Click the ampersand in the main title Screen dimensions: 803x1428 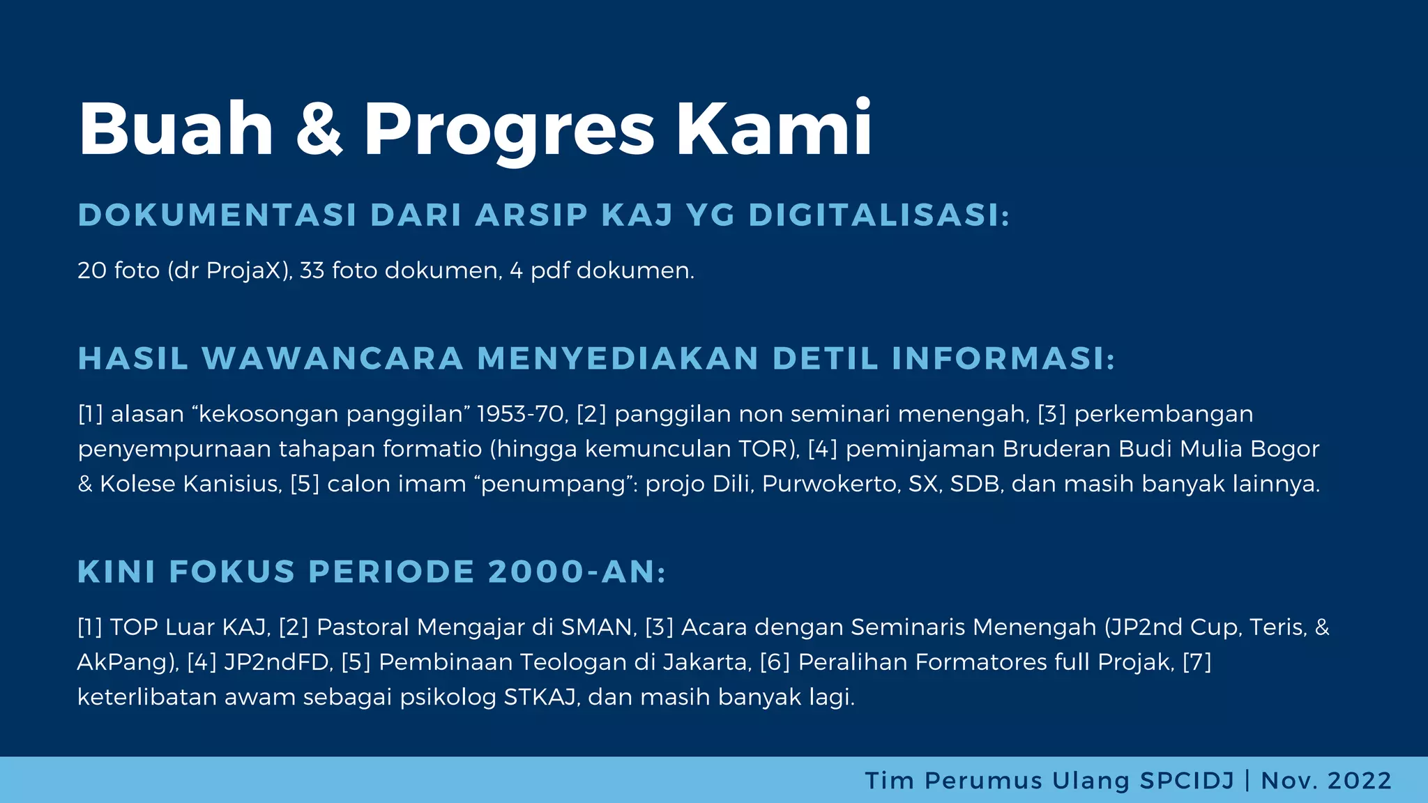click(x=319, y=129)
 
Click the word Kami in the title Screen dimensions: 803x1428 click(x=774, y=129)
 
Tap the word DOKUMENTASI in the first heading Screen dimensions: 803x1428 click(x=218, y=215)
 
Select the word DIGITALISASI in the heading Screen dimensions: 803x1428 click(x=879, y=215)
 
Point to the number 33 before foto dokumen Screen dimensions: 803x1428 click(x=312, y=270)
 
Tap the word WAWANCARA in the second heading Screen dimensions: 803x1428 click(x=333, y=359)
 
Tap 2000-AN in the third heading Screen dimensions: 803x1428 click(x=577, y=572)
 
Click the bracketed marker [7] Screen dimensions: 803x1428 click(x=1197, y=662)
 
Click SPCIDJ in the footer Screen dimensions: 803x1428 click(x=1187, y=781)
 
